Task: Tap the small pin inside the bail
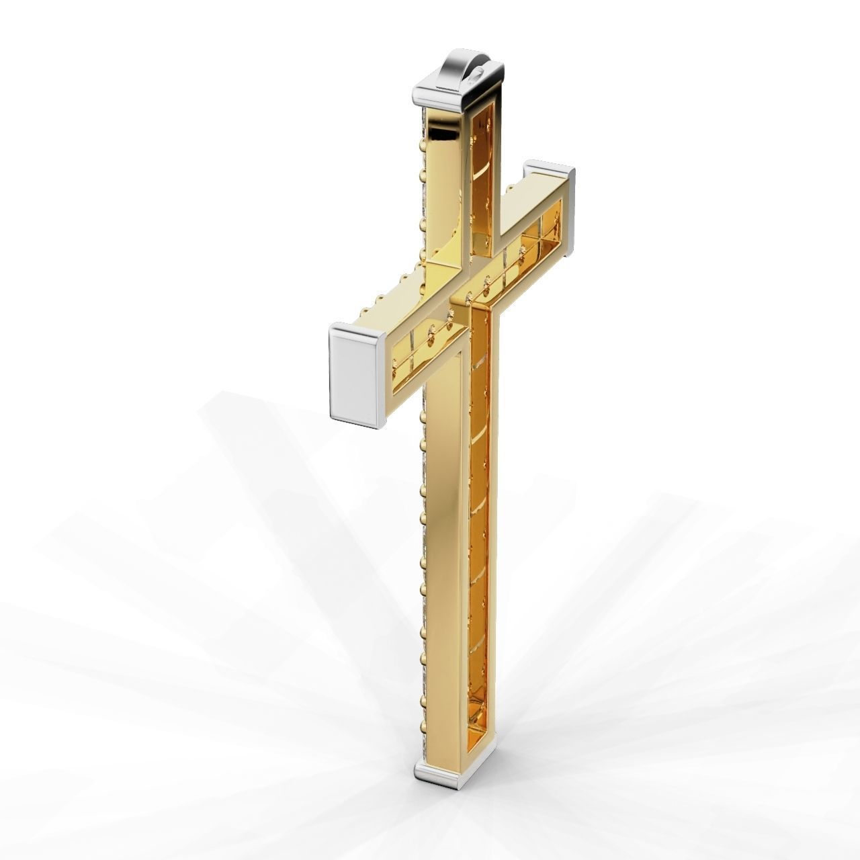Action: point(476,75)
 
